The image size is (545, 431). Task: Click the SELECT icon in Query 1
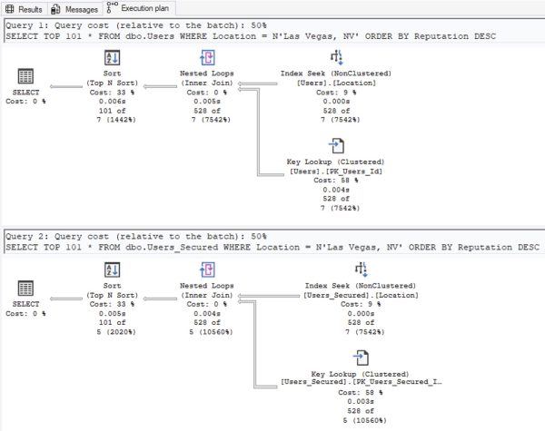[x=26, y=76]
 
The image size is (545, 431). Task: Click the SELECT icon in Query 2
[x=26, y=289]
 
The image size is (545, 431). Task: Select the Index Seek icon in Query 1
[x=335, y=57]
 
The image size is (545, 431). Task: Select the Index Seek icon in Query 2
[x=335, y=269]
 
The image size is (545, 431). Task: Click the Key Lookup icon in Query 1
[x=335, y=145]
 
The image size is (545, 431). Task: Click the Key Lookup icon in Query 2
[x=335, y=357]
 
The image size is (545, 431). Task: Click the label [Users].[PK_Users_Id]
[x=335, y=171]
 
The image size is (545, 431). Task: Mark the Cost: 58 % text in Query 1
[x=335, y=180]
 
